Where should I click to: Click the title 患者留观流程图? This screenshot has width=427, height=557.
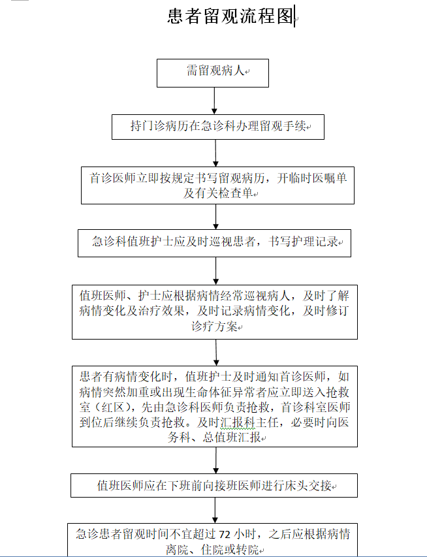pyautogui.click(x=230, y=16)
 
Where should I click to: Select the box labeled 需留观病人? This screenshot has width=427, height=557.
pyautogui.click(x=213, y=73)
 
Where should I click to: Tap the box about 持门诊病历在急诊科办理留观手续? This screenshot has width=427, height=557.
pyautogui.click(x=218, y=127)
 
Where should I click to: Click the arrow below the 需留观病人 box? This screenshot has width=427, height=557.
pyautogui.click(x=214, y=101)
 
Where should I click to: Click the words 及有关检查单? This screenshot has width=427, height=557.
pyautogui.click(x=218, y=193)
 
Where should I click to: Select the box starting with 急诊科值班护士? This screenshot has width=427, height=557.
pyautogui.click(x=214, y=243)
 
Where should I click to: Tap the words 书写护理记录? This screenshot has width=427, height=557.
pyautogui.click(x=303, y=242)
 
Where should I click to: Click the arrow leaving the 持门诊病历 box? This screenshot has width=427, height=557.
pyautogui.click(x=215, y=153)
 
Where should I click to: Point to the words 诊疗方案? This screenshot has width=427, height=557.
pyautogui.click(x=214, y=326)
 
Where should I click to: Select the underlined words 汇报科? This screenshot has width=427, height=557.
pyautogui.click(x=238, y=422)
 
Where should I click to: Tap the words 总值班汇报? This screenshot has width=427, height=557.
pyautogui.click(x=232, y=437)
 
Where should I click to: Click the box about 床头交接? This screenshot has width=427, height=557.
pyautogui.click(x=214, y=485)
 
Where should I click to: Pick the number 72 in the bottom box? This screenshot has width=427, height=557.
pyautogui.click(x=225, y=535)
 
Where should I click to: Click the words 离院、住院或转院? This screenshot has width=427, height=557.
pyautogui.click(x=212, y=550)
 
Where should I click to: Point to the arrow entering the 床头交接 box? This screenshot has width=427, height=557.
pyautogui.click(x=215, y=460)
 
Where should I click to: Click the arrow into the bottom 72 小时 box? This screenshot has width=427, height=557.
pyautogui.click(x=215, y=511)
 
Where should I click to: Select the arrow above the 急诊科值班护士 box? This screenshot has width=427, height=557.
pyautogui.click(x=215, y=217)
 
